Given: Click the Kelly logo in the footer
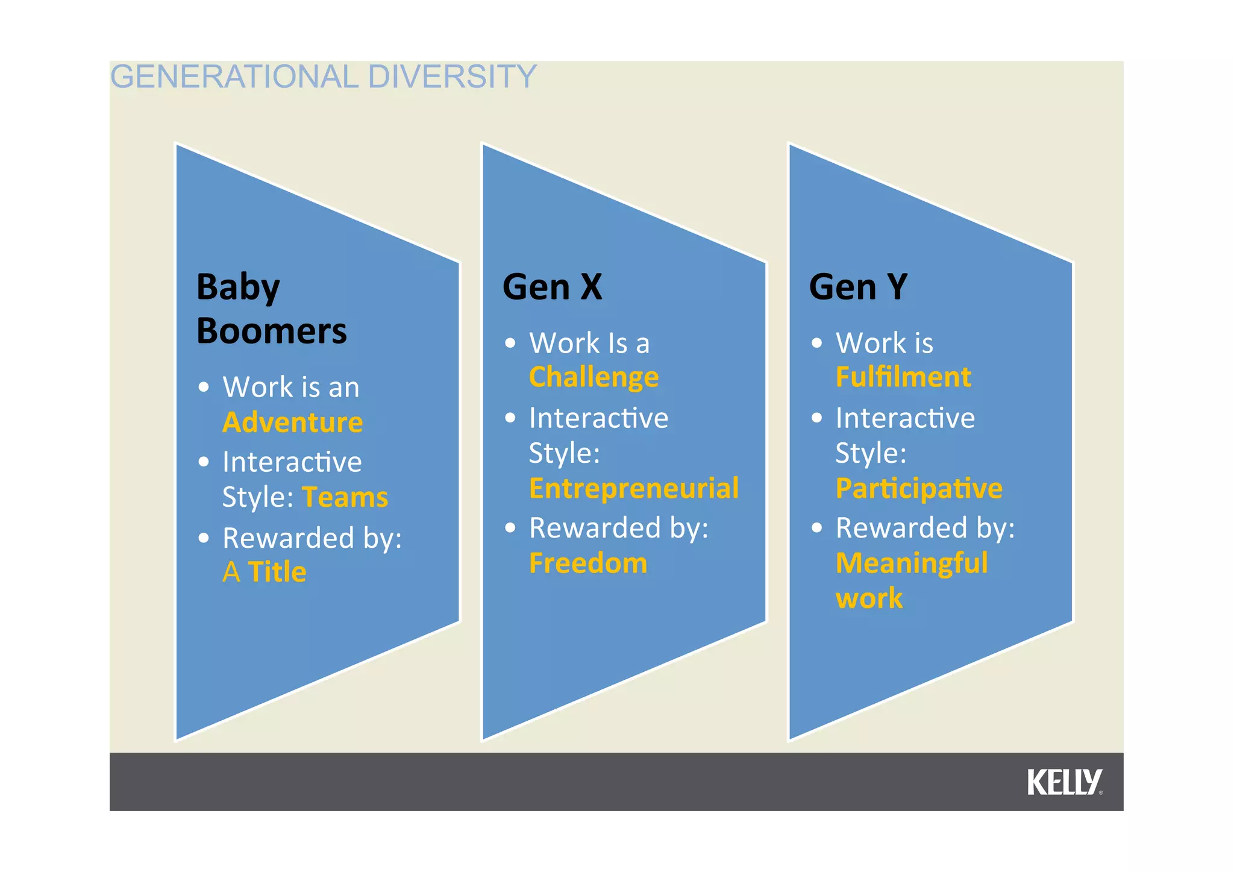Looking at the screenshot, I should [1064, 782].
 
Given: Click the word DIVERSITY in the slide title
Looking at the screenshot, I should [451, 77].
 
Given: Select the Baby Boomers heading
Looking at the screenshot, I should [271, 309].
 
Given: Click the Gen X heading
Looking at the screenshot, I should [552, 287].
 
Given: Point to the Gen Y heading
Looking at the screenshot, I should [858, 287].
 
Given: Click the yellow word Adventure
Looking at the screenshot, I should [292, 422].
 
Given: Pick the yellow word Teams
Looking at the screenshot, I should [345, 498].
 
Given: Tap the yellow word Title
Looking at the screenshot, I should [277, 571].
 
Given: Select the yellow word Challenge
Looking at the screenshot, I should [594, 378].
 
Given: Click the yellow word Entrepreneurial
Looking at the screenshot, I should [633, 488].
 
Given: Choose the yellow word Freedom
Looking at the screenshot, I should [588, 563].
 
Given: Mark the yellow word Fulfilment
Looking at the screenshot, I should [903, 377].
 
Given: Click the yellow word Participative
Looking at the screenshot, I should [918, 488].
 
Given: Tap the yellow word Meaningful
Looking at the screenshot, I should [911, 563].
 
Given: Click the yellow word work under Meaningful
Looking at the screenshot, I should [869, 598].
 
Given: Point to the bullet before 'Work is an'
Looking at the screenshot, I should [204, 387].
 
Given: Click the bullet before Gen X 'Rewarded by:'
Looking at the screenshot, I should [510, 528].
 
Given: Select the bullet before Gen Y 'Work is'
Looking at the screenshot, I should [816, 343].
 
